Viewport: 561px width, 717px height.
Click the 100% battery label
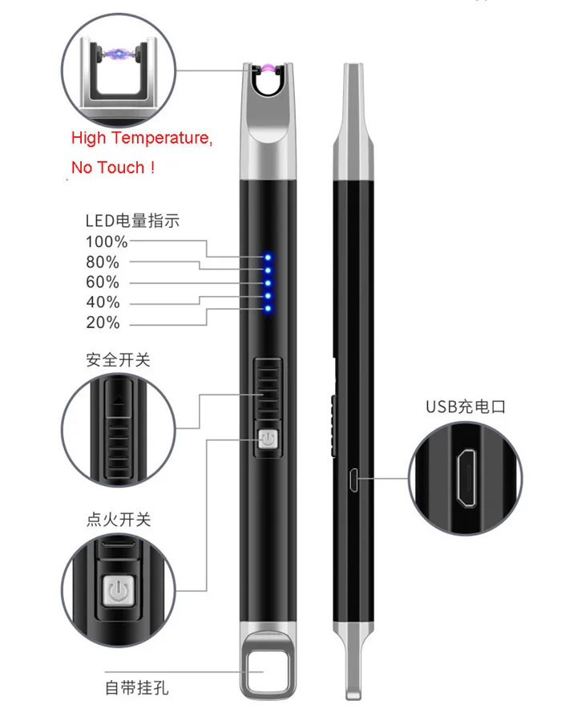[107, 241]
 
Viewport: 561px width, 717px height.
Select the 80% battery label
[103, 262]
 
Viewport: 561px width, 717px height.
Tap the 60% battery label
[103, 282]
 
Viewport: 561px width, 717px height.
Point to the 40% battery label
[103, 302]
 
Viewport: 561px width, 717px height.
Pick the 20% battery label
[103, 323]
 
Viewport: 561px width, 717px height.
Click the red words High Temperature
[142, 138]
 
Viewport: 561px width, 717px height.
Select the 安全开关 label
[118, 360]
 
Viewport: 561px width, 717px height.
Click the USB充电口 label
[466, 407]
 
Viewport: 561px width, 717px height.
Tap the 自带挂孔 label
[137, 688]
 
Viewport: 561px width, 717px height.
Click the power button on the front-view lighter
[268, 440]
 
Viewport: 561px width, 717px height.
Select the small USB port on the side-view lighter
[352, 480]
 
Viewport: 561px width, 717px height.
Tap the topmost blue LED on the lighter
[268, 258]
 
